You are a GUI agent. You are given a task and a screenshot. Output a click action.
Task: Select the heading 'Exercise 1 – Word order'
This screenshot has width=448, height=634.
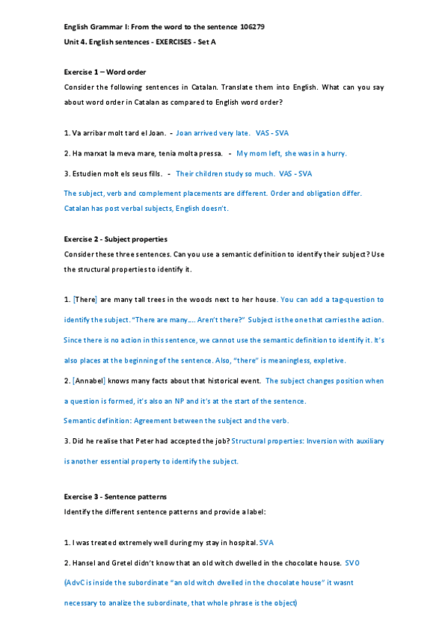click(105, 72)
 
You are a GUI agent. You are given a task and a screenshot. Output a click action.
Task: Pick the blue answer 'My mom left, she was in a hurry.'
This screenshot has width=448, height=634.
click(291, 153)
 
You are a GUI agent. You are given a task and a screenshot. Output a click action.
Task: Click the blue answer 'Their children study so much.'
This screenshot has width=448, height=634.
click(224, 173)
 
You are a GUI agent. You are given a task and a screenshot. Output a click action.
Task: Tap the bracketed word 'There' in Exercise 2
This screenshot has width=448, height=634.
click(85, 299)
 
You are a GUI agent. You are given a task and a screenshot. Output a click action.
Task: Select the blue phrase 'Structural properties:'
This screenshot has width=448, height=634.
click(268, 441)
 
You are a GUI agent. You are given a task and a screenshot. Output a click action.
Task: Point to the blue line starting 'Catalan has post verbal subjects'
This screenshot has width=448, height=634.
click(146, 208)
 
